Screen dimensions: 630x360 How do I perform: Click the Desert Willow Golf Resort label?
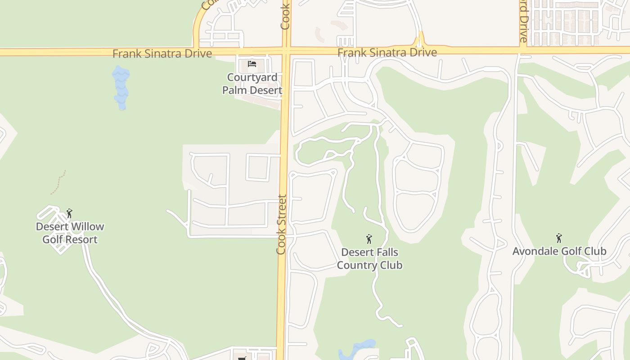(70, 233)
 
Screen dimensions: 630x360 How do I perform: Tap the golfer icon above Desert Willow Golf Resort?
(69, 213)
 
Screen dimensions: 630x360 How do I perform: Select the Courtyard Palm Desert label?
(252, 84)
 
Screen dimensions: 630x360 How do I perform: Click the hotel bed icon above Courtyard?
(252, 64)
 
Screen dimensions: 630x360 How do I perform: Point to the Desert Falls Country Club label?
(369, 258)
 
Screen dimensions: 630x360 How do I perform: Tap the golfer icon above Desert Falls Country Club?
(369, 238)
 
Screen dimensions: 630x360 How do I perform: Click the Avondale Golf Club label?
(559, 251)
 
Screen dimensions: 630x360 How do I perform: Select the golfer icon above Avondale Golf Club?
(559, 238)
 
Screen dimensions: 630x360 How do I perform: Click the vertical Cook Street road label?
(282, 224)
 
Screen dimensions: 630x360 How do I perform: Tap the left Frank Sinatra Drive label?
(162, 54)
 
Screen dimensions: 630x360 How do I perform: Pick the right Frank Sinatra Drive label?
(387, 53)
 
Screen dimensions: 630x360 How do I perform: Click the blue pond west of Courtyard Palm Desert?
(121, 88)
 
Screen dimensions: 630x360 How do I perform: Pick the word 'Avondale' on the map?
(535, 251)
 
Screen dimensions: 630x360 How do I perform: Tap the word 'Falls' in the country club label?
(385, 252)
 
